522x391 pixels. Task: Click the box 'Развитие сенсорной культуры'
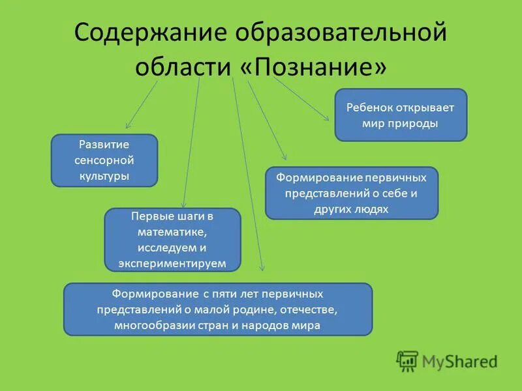click(x=104, y=160)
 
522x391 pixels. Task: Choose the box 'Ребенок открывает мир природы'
click(x=401, y=115)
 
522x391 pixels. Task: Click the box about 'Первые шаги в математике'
click(x=172, y=239)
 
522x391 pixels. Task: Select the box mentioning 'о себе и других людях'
click(x=351, y=193)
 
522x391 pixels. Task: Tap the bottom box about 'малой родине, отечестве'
click(x=217, y=309)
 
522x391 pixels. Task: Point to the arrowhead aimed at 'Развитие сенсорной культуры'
click(x=128, y=124)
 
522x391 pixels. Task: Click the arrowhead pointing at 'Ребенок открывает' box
click(x=327, y=118)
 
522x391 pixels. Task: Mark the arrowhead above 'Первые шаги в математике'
click(x=183, y=205)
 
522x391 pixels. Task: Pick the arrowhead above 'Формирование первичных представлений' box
click(x=284, y=157)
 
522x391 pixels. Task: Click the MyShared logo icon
click(x=408, y=360)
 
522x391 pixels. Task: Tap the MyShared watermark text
click(x=459, y=361)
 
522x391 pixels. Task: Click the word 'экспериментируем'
click(x=172, y=263)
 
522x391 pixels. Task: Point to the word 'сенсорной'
click(x=104, y=160)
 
